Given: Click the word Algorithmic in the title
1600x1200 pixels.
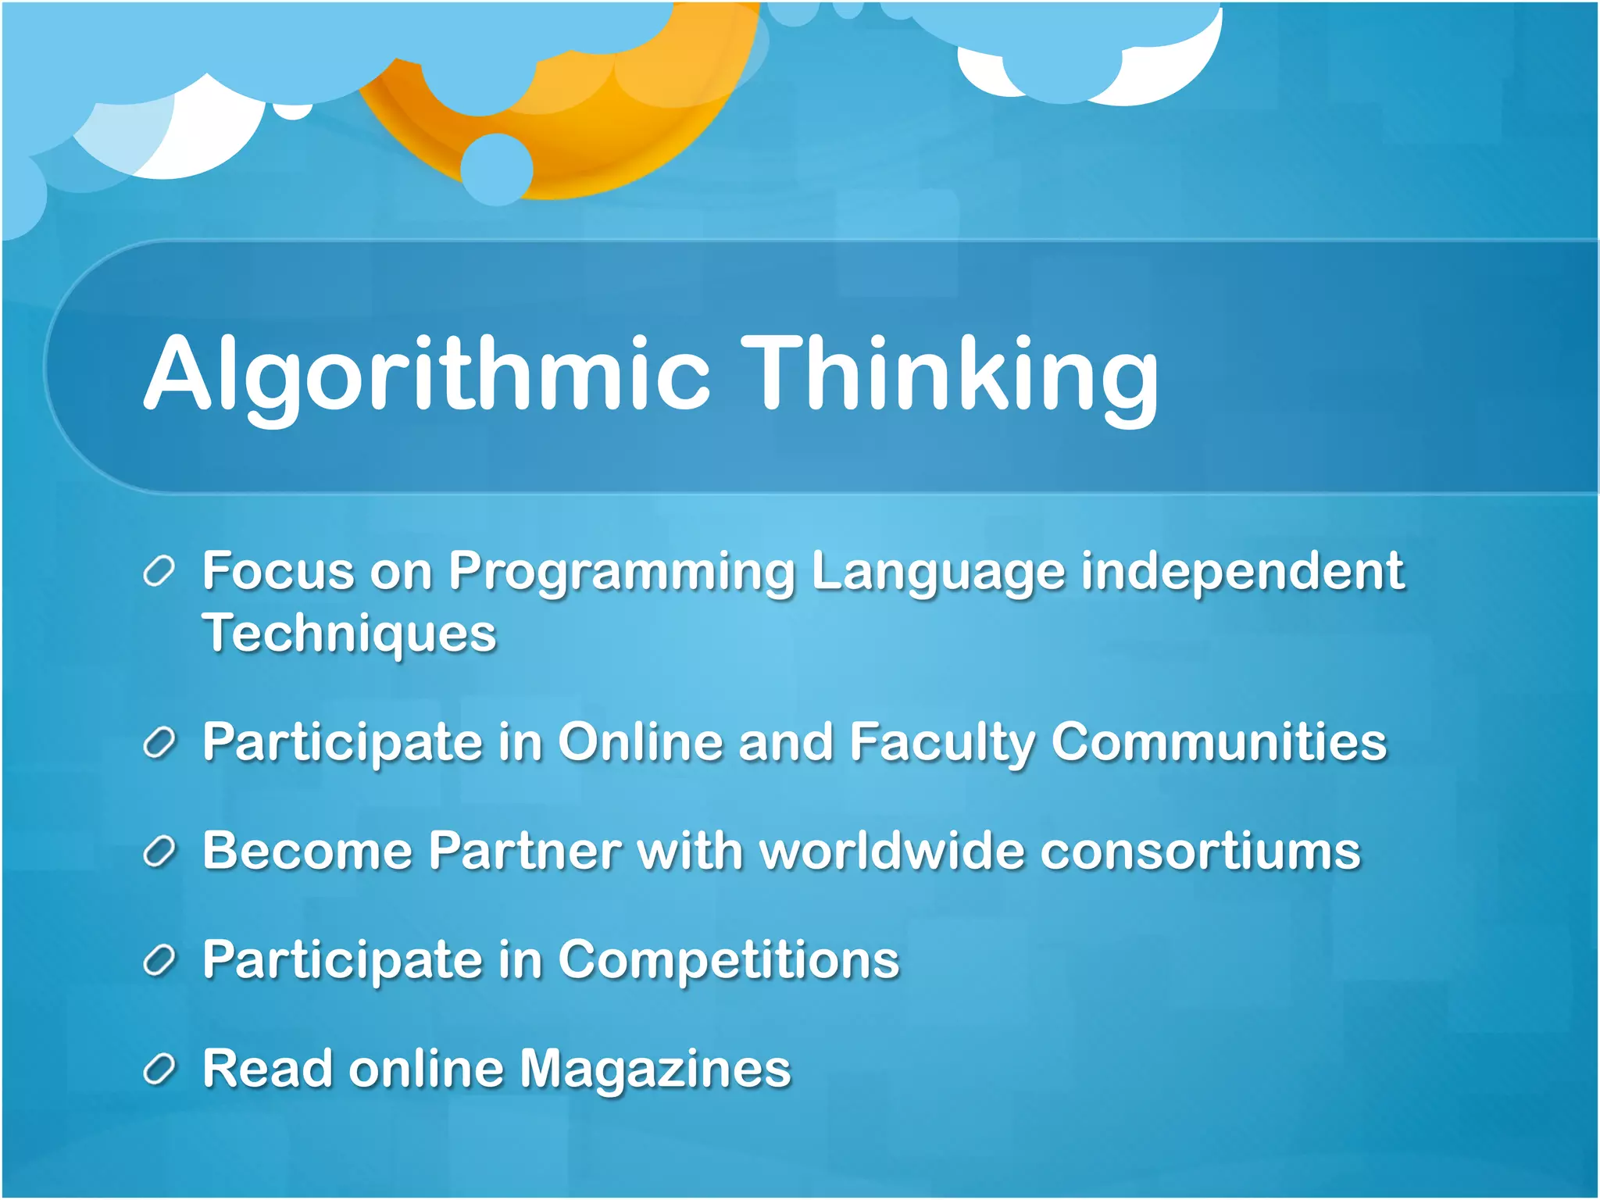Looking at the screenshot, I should (427, 373).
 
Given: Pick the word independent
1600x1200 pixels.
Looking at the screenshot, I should (1242, 573).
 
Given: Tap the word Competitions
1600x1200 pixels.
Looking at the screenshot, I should (728, 960).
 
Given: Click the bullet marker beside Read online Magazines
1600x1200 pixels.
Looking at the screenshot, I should (159, 1070).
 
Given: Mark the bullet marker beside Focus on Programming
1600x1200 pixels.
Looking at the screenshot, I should (159, 571).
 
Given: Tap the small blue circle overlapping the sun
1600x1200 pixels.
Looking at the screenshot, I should (497, 169).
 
